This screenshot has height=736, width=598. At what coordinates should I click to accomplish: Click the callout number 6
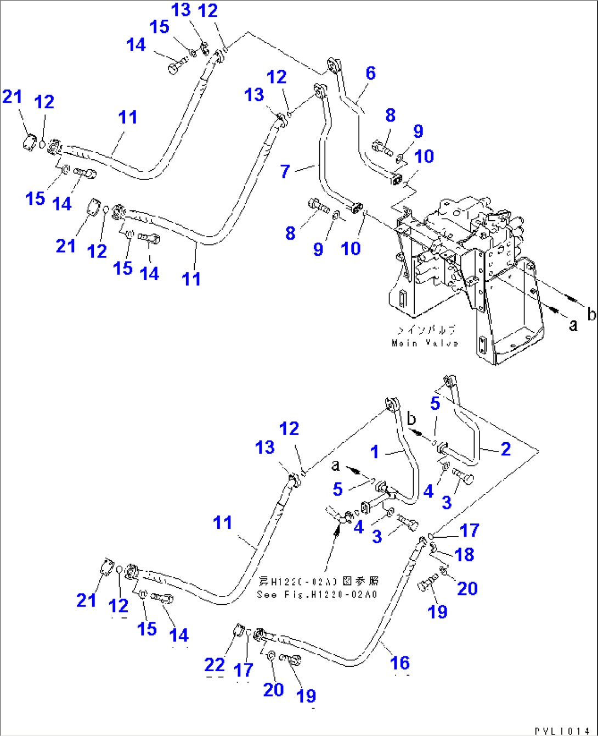coord(371,74)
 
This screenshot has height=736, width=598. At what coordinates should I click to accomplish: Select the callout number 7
coord(285,171)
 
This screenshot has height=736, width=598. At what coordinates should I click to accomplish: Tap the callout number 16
coord(400,663)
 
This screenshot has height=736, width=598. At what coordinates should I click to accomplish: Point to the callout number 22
coord(215,665)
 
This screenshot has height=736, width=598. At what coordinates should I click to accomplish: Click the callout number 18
coord(464,554)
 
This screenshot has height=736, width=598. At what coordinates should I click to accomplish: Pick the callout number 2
coord(506,449)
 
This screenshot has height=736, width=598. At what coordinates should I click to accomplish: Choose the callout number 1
coord(375,452)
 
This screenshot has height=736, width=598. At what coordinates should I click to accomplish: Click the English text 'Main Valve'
coord(425,343)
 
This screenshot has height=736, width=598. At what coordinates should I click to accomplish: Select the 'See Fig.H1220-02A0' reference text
coord(318,594)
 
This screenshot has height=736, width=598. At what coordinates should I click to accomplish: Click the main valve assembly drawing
coord(466,275)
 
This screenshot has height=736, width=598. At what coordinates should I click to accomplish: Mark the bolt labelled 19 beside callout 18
coord(426,584)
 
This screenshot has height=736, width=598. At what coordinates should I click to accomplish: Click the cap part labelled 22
coord(239,632)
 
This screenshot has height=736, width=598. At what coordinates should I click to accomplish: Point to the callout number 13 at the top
coord(180,9)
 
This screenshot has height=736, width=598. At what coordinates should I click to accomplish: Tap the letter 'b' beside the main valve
coord(591,314)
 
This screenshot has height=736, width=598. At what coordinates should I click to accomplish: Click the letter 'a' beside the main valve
coord(573,325)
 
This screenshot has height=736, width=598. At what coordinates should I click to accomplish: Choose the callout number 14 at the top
coord(136,45)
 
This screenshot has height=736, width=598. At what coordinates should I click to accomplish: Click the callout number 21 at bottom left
coord(86,600)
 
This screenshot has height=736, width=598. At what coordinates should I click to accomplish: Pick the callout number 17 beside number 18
coord(470,531)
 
